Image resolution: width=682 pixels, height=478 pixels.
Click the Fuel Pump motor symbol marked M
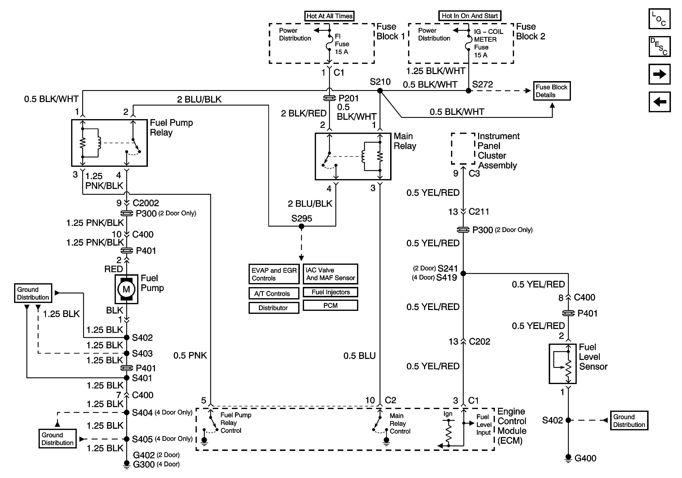click(x=126, y=289)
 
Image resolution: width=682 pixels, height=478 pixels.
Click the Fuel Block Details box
click(x=552, y=91)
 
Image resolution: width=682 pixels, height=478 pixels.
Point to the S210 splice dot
click(x=380, y=91)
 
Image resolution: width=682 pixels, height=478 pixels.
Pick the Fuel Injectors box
click(x=330, y=292)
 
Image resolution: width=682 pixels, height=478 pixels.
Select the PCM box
click(x=330, y=306)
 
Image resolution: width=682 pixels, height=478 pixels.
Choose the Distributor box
click(x=274, y=308)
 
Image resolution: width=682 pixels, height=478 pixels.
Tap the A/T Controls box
click(x=274, y=294)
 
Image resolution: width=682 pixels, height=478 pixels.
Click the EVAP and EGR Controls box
click(x=274, y=274)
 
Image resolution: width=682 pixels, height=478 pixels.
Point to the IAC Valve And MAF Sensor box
click(x=330, y=274)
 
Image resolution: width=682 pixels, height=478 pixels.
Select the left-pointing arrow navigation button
click(x=659, y=102)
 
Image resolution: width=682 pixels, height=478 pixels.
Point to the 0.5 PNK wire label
click(x=190, y=355)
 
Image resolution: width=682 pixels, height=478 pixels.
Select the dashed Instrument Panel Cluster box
click(x=463, y=148)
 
